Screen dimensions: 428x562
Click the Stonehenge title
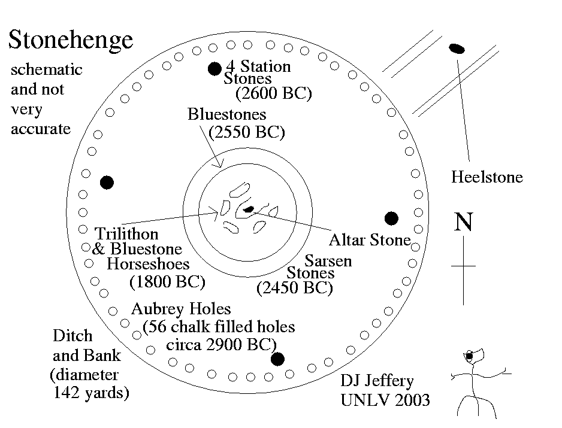click(x=70, y=40)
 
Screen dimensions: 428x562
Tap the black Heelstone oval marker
click(x=457, y=48)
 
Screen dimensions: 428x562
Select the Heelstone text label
click(x=487, y=177)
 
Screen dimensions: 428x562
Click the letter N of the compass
click(x=464, y=222)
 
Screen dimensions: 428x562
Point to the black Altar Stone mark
click(x=249, y=209)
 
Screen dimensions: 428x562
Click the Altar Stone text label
click(x=370, y=240)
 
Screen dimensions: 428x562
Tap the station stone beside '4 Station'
click(x=214, y=69)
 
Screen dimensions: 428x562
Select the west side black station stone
click(x=107, y=183)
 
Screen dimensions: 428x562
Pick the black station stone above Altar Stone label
click(x=392, y=218)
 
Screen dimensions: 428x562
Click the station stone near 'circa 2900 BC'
click(x=277, y=359)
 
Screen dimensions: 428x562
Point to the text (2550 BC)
click(x=246, y=132)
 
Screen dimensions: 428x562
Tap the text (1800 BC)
click(x=167, y=281)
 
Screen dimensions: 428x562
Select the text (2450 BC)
click(x=294, y=288)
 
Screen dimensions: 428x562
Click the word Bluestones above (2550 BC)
click(x=226, y=114)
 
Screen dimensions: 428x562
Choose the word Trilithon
click(x=127, y=233)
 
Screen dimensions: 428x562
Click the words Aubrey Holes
click(x=181, y=309)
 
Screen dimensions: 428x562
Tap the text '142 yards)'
click(x=91, y=393)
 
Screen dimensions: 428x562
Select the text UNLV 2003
click(x=385, y=399)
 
